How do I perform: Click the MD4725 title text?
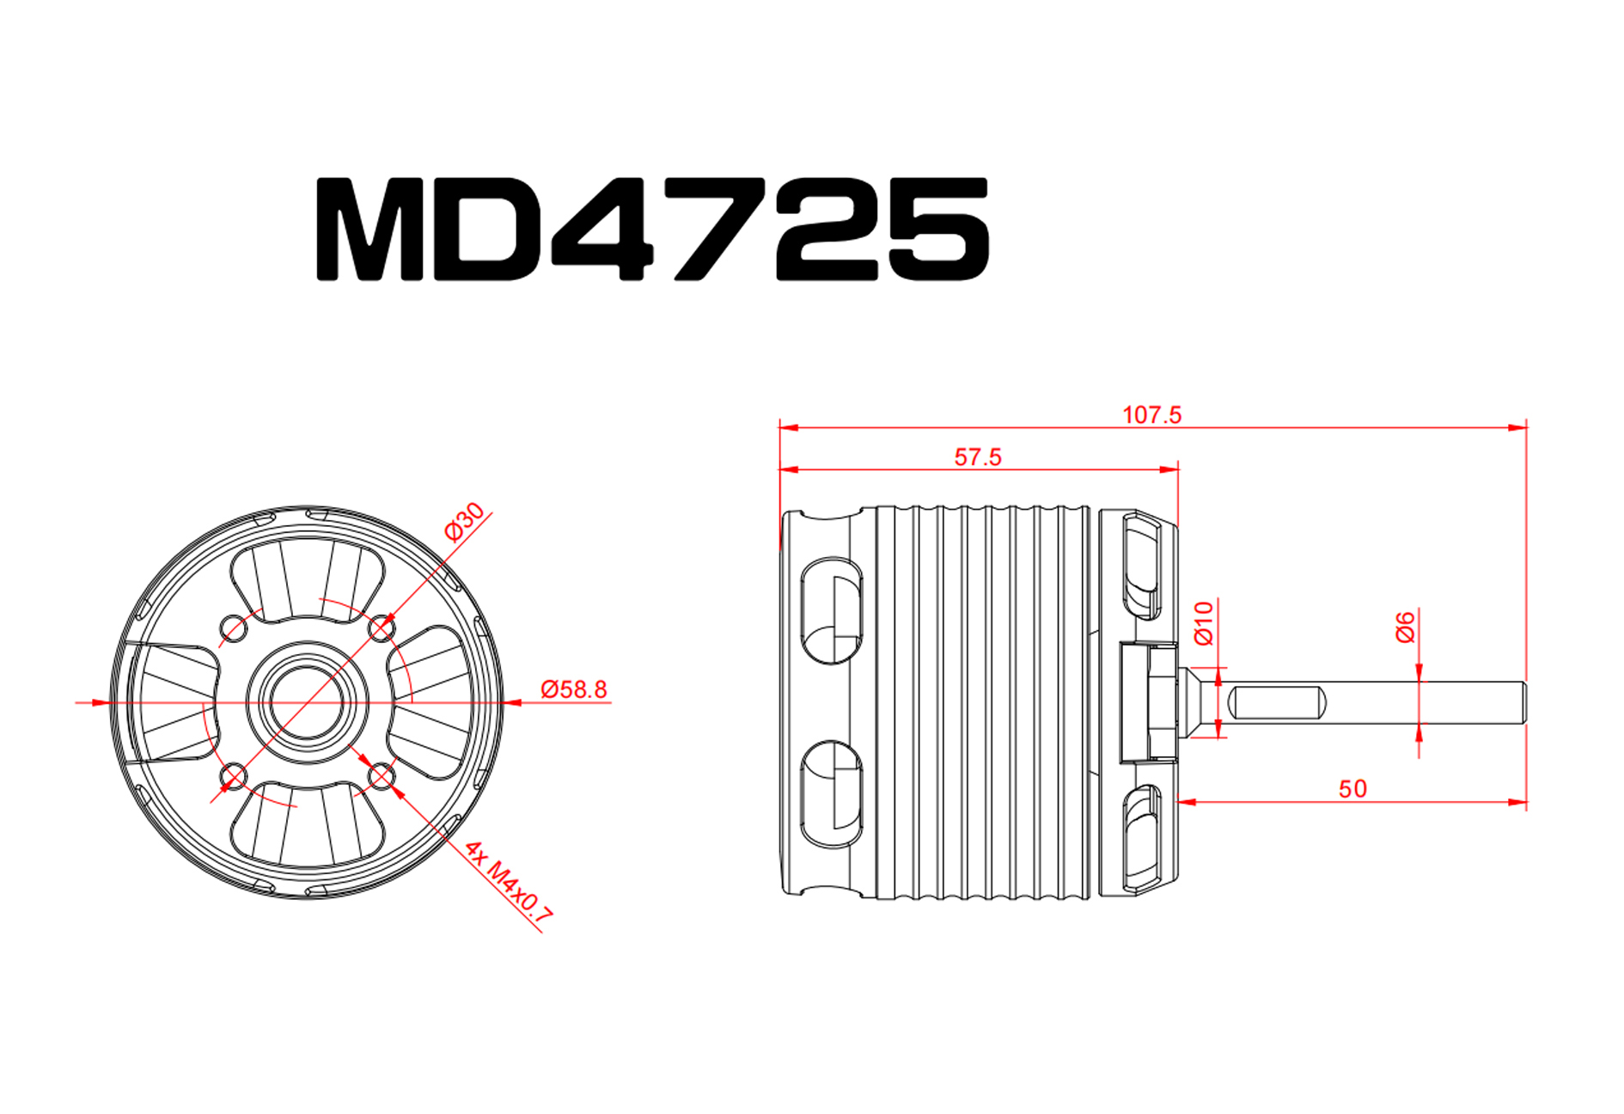pyautogui.click(x=653, y=229)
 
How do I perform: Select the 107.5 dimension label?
pyautogui.click(x=1151, y=414)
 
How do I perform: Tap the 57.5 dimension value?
pyautogui.click(x=978, y=456)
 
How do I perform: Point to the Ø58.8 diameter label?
pyautogui.click(x=573, y=689)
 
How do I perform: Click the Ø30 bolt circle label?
pyautogui.click(x=465, y=522)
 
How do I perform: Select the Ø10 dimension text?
pyautogui.click(x=1203, y=623)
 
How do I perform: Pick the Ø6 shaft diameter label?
pyautogui.click(x=1404, y=627)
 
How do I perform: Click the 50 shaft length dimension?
pyautogui.click(x=1352, y=788)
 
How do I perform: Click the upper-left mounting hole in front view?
pyautogui.click(x=233, y=627)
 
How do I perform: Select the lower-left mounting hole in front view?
pyautogui.click(x=233, y=777)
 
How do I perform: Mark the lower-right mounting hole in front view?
pyautogui.click(x=381, y=777)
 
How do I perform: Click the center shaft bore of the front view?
pyautogui.click(x=307, y=702)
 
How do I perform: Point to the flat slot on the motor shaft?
pyautogui.click(x=1275, y=702)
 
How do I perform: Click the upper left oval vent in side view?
pyautogui.click(x=831, y=610)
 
